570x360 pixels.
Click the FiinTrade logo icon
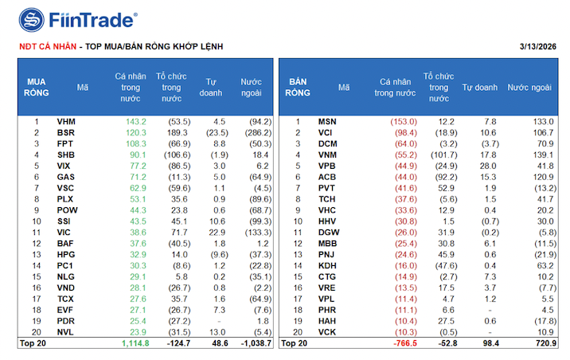(32, 18)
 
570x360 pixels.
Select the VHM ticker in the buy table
(66, 121)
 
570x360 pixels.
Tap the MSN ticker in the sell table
(326, 121)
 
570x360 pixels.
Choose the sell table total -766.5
(404, 342)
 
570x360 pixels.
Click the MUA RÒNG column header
(37, 87)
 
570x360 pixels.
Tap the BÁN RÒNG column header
(298, 87)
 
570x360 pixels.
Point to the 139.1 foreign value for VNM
(543, 155)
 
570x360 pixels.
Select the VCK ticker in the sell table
(326, 331)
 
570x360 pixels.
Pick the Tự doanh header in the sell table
(480, 87)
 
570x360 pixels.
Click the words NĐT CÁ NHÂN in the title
(46, 46)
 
